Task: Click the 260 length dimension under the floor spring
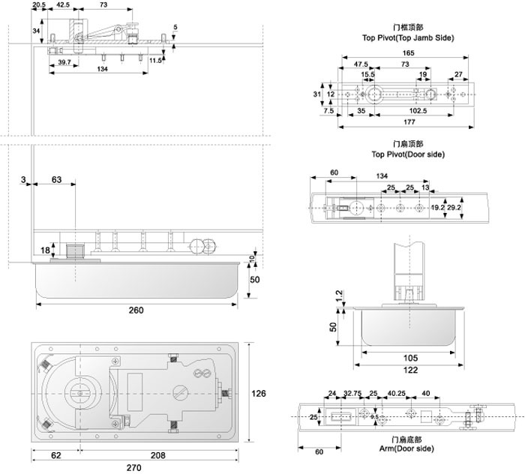tap(136, 310)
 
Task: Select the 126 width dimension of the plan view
tap(259, 393)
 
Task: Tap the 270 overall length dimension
tap(134, 468)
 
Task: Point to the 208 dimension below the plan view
tap(157, 455)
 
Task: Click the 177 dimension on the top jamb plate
tap(409, 121)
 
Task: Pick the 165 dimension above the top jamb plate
tap(408, 53)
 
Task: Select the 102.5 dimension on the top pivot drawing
tap(418, 111)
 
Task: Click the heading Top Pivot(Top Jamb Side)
tap(408, 37)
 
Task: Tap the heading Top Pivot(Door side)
tap(408, 154)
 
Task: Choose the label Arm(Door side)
tap(406, 448)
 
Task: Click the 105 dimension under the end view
tap(410, 358)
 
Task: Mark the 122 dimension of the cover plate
tap(410, 370)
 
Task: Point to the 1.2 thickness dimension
tap(339, 295)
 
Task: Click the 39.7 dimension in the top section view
tap(64, 62)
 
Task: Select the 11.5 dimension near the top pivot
tap(155, 61)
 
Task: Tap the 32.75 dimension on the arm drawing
tap(352, 393)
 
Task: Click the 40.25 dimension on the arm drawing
tap(397, 393)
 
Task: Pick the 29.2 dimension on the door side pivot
tap(454, 208)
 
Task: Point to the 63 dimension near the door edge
tap(56, 180)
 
